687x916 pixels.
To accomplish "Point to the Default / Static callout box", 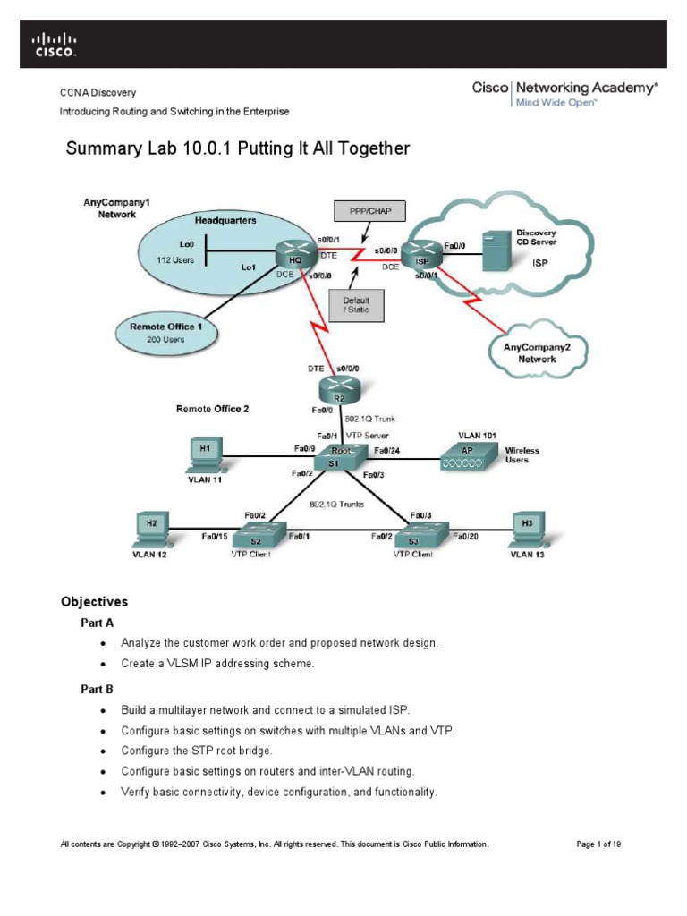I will click(355, 306).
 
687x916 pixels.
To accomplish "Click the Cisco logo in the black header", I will click(55, 45).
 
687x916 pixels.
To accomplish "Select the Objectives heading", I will click(94, 602).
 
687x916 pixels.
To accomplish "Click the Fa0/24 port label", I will click(386, 450).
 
